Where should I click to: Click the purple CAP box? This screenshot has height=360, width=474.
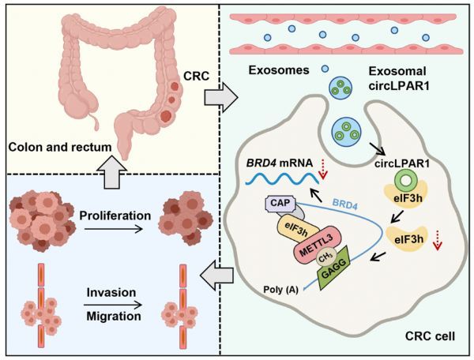pyautogui.click(x=280, y=203)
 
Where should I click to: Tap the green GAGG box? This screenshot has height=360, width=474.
pyautogui.click(x=333, y=268)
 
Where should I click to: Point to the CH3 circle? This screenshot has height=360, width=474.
pyautogui.click(x=325, y=258)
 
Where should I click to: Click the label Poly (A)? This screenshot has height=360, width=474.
pyautogui.click(x=280, y=289)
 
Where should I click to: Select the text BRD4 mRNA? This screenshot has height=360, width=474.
pyautogui.click(x=280, y=163)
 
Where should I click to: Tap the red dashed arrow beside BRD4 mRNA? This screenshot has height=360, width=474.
pyautogui.click(x=323, y=170)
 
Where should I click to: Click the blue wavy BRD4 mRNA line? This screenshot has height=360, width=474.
pyautogui.click(x=282, y=178)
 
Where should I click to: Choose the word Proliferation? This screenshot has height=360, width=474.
pyautogui.click(x=115, y=216)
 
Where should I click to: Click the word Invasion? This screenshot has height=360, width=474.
pyautogui.click(x=111, y=292)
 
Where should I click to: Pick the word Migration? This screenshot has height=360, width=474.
pyautogui.click(x=114, y=317)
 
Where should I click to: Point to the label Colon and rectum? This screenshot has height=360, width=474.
pyautogui.click(x=60, y=147)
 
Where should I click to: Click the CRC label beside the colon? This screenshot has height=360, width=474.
pyautogui.click(x=196, y=76)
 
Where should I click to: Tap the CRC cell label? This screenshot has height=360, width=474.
pyautogui.click(x=430, y=336)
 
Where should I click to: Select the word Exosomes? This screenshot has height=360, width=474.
pyautogui.click(x=279, y=70)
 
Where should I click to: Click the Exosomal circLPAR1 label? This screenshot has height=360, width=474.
pyautogui.click(x=399, y=78)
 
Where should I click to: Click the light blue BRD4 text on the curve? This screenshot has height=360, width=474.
pyautogui.click(x=345, y=204)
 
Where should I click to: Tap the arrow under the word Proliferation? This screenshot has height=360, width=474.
pyautogui.click(x=113, y=229)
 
